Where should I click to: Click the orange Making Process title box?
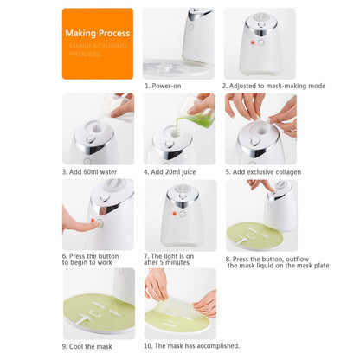(97, 43)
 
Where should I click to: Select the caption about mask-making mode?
(260, 86)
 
